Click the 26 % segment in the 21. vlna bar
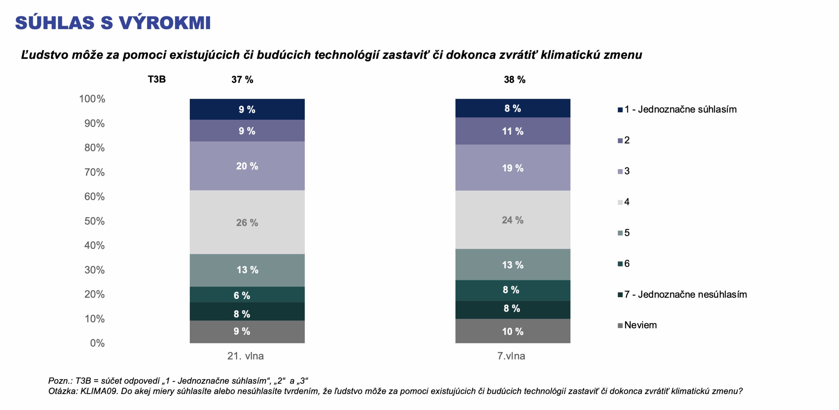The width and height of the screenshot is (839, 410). coord(247,222)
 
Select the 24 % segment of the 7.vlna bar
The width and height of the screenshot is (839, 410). coord(513,220)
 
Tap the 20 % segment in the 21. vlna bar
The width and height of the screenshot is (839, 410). coord(247,166)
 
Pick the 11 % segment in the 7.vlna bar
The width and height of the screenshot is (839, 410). coord(513,131)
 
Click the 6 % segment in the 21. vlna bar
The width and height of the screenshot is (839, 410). coord(247,295)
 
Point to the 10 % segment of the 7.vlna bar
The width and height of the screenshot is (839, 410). coord(513,331)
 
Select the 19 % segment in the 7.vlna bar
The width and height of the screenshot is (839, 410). coord(513,168)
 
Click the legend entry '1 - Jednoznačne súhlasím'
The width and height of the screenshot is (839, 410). coord(680,109)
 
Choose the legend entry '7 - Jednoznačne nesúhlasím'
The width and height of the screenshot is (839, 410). coord(685,294)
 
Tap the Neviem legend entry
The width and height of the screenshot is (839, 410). coord(640,325)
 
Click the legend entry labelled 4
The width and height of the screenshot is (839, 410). coord(626,202)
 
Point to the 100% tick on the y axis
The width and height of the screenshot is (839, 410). coord(92,99)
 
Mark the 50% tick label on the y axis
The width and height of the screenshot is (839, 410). coord(94,221)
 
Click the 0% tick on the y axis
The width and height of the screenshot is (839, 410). coord(97,343)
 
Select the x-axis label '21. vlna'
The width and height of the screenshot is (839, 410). coord(245,356)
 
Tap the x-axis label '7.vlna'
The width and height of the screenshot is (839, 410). coord(511,356)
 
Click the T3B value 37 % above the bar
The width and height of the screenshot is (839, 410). coord(242,79)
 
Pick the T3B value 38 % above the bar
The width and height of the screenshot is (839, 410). coord(515,79)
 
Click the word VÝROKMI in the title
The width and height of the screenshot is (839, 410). coord(165,23)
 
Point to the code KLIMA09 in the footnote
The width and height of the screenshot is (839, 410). coord(99,391)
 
